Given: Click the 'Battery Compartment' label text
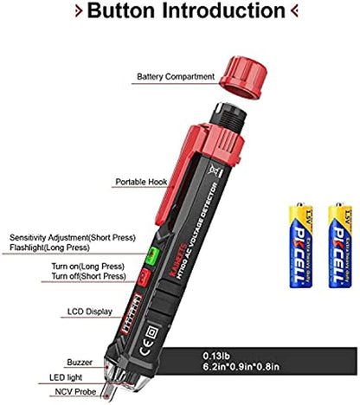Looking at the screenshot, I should pos(176,77).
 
